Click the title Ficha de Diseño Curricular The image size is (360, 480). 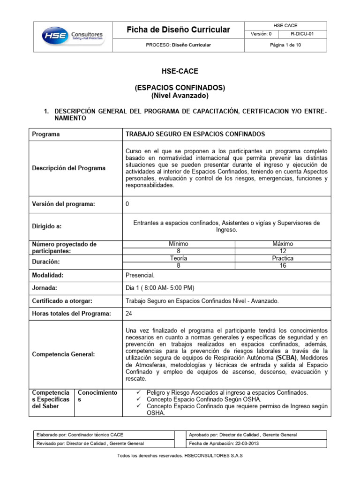(179, 30)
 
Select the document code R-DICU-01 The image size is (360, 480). (305, 34)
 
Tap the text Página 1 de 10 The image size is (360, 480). (286, 45)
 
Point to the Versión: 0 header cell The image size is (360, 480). (261, 34)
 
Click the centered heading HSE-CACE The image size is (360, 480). (180, 71)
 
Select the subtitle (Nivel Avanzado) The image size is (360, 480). (180, 96)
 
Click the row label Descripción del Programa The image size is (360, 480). (68, 168)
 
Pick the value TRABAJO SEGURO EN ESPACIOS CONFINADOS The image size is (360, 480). (195, 134)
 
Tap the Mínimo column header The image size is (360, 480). (178, 244)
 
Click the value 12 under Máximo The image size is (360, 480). (283, 251)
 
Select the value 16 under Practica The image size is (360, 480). (283, 265)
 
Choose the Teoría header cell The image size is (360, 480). (178, 258)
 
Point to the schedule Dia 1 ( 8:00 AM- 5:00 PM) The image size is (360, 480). (160, 288)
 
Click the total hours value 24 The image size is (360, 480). (129, 314)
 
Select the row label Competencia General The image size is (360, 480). (63, 354)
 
